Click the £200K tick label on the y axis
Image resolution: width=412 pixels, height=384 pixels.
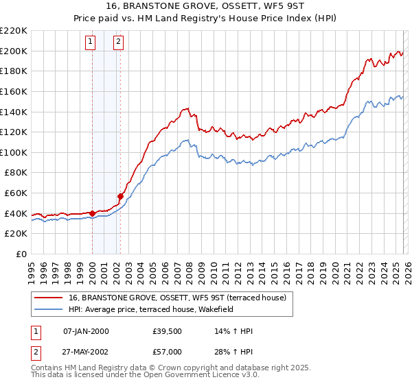click(14, 51)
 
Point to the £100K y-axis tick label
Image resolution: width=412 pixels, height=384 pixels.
click(14, 152)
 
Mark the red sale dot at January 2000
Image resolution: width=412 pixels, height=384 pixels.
click(92, 213)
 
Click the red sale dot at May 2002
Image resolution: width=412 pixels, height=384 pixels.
click(121, 196)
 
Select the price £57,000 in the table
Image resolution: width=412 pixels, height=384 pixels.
click(168, 351)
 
